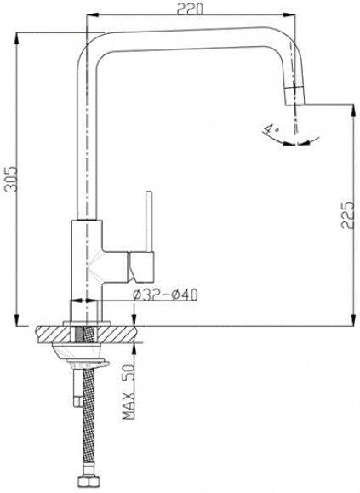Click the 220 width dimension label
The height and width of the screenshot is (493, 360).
[x=190, y=9]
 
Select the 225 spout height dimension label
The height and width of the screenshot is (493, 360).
[x=347, y=215]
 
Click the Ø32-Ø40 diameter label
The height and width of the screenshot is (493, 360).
[x=165, y=295]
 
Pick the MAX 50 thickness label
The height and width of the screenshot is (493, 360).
[x=129, y=392]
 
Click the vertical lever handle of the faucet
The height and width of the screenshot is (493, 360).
[x=150, y=221]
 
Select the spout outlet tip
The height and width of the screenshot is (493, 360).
[x=294, y=96]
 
